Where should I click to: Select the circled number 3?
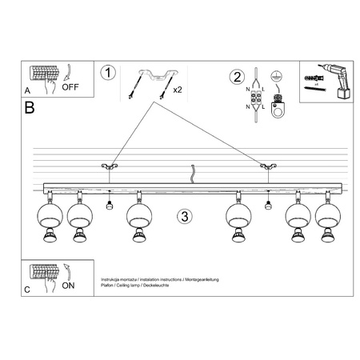tap(184, 216)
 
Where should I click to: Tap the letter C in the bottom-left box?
tap(29, 290)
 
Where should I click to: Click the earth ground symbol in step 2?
tap(276, 74)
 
